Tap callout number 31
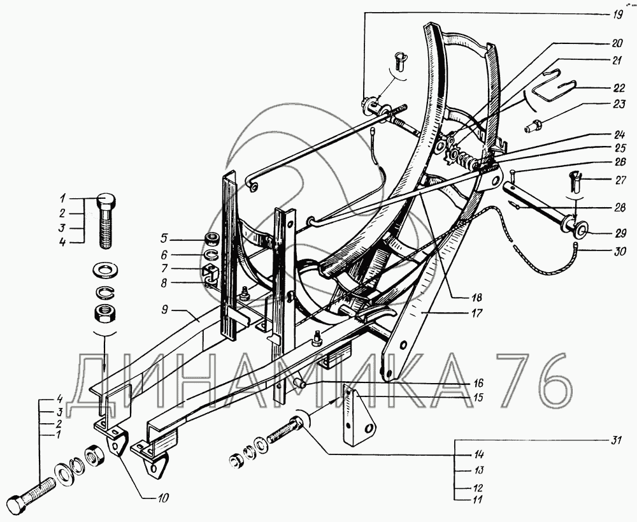click(616, 440)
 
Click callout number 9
click(164, 310)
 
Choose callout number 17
click(478, 314)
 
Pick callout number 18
click(476, 298)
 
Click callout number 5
click(163, 238)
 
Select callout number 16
click(478, 383)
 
